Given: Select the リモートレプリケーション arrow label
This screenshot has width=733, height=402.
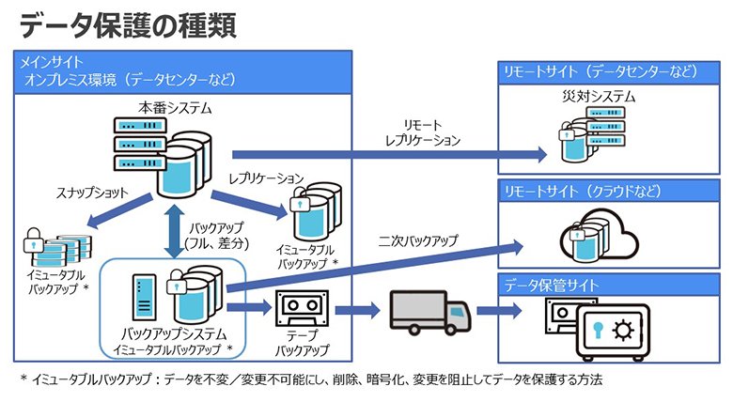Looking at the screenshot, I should point(422,132).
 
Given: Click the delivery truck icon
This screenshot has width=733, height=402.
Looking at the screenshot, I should point(428,312).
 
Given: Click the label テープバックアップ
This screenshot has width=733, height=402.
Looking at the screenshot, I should point(304,343).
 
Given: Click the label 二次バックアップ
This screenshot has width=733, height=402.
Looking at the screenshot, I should point(419,241).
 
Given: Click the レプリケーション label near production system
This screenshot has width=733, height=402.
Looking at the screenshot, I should point(266,177).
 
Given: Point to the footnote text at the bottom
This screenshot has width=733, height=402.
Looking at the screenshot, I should point(310,379).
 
